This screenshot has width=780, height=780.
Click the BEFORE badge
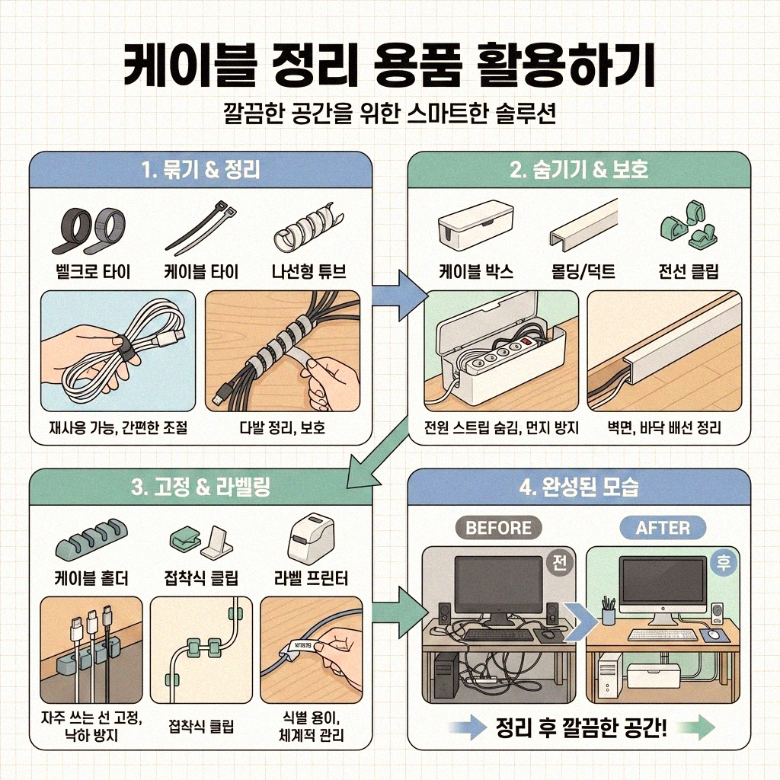tap(498, 527)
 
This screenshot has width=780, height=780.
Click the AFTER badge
tap(662, 527)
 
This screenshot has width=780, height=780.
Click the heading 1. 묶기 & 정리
tap(200, 169)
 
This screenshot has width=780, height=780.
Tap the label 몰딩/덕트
tap(583, 272)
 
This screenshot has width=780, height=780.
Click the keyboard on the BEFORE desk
tap(499, 635)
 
